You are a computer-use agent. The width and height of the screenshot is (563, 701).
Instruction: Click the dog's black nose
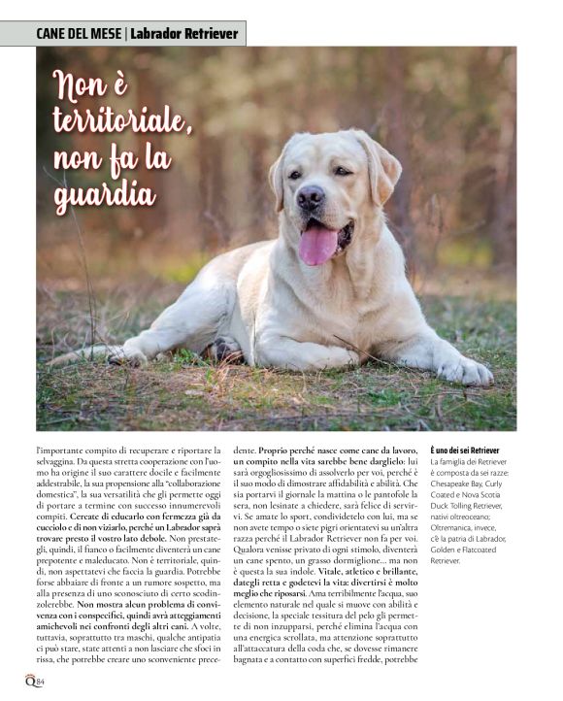coord(311,198)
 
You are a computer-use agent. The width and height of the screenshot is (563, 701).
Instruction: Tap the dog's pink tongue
coord(318,244)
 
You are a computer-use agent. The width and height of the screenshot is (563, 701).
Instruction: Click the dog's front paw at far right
coord(464,369)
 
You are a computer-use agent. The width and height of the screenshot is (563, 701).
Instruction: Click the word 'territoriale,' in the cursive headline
coord(122,121)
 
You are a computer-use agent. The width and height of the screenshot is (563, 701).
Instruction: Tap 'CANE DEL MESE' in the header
coord(79,34)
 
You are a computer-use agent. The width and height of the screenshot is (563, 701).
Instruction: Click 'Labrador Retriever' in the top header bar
coord(184,34)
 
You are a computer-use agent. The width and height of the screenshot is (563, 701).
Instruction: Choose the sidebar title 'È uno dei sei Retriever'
coord(465,451)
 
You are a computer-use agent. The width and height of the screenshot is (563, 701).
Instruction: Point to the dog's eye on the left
coord(296,175)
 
